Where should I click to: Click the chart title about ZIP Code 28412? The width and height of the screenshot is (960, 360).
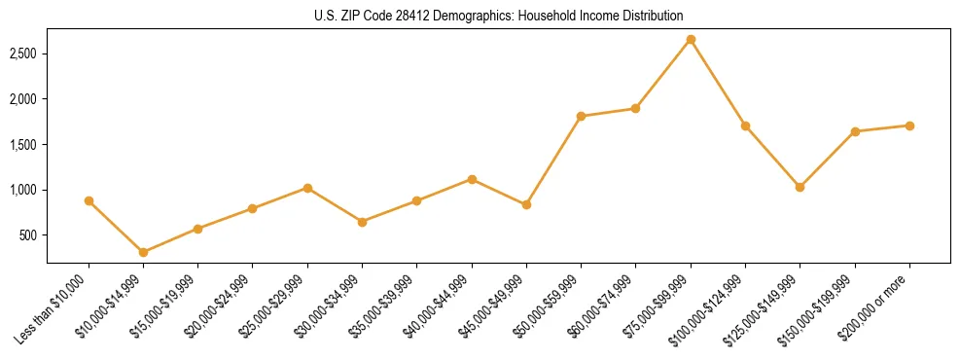pyautogui.click(x=498, y=16)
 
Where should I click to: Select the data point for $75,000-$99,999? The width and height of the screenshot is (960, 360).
pyautogui.click(x=691, y=40)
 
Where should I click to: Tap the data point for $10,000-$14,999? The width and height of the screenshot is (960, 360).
pyautogui.click(x=143, y=252)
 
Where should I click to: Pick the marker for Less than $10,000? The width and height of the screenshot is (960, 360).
pyautogui.click(x=89, y=200)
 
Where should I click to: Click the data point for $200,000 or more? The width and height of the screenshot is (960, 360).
pyautogui.click(x=909, y=126)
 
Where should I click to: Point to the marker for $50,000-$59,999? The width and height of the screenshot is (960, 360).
pyautogui.click(x=581, y=116)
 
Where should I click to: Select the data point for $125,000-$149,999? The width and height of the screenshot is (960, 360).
pyautogui.click(x=800, y=187)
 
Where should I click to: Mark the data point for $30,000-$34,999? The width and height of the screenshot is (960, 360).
pyautogui.click(x=362, y=222)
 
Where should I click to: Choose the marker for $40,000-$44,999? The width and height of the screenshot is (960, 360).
pyautogui.click(x=472, y=179)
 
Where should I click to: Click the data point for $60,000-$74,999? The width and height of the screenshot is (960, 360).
pyautogui.click(x=635, y=108)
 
